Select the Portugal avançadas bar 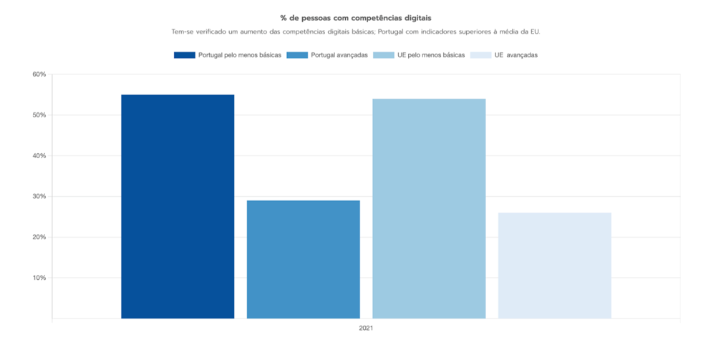tap(303, 259)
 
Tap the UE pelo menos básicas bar tap(429, 208)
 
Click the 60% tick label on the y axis tap(39, 74)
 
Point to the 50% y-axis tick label tap(39, 115)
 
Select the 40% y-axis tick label tap(39, 156)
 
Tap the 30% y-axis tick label tap(39, 197)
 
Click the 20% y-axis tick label tap(39, 237)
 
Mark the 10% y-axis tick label tap(39, 278)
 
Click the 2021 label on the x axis tap(366, 328)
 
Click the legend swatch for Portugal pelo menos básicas tap(185, 55)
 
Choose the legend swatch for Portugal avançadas tap(297, 55)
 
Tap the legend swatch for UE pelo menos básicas tap(384, 55)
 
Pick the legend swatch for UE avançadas tap(480, 55)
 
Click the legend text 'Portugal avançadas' tap(339, 55)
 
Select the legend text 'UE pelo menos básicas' tap(431, 55)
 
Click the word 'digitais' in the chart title tap(417, 17)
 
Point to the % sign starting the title tap(284, 17)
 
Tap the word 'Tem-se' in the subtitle tap(182, 32)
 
